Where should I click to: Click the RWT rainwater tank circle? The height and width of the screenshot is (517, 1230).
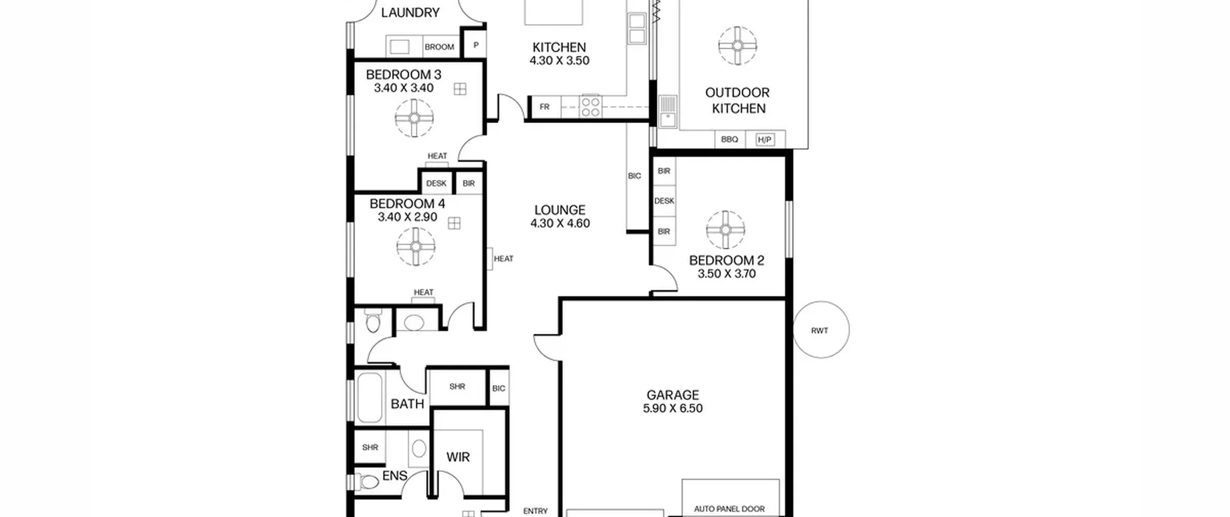click(x=821, y=330)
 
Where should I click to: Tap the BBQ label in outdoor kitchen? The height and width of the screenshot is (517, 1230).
click(x=729, y=139)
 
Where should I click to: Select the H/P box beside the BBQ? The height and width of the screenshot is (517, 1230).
click(x=764, y=140)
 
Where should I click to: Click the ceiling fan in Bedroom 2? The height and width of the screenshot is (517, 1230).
click(x=726, y=230)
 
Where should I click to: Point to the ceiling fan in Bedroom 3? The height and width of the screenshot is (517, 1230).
click(x=414, y=118)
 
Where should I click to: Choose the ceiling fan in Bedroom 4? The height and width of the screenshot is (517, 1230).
click(x=416, y=246)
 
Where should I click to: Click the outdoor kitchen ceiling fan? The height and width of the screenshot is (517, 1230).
click(x=738, y=46)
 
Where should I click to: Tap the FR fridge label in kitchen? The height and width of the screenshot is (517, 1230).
click(x=544, y=107)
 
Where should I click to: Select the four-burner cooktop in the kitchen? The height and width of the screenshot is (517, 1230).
click(x=590, y=107)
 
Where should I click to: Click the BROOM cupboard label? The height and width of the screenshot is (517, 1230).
click(x=439, y=47)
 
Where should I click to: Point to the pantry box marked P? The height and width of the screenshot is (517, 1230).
click(x=476, y=45)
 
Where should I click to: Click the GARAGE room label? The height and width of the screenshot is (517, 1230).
click(x=673, y=395)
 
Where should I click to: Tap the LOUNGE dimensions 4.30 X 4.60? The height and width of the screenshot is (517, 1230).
click(x=560, y=223)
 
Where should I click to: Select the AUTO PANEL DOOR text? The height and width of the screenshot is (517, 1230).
click(x=729, y=509)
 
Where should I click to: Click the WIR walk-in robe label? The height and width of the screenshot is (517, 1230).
click(x=458, y=457)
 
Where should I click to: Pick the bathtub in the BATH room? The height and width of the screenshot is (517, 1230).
click(x=370, y=398)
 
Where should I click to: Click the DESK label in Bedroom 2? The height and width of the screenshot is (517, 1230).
click(x=664, y=201)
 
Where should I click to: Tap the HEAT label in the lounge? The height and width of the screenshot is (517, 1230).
click(x=504, y=259)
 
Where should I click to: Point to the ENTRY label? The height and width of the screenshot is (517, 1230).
click(x=535, y=511)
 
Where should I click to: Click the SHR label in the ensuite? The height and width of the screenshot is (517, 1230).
click(x=370, y=448)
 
